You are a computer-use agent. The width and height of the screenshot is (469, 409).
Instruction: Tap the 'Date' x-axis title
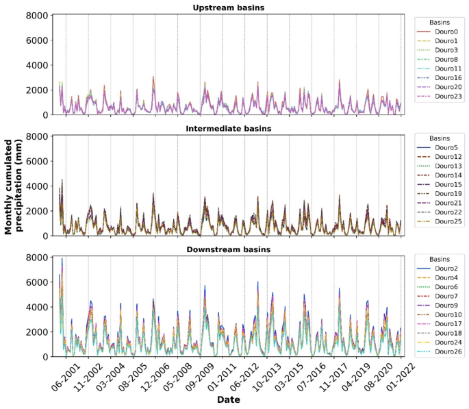229,399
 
